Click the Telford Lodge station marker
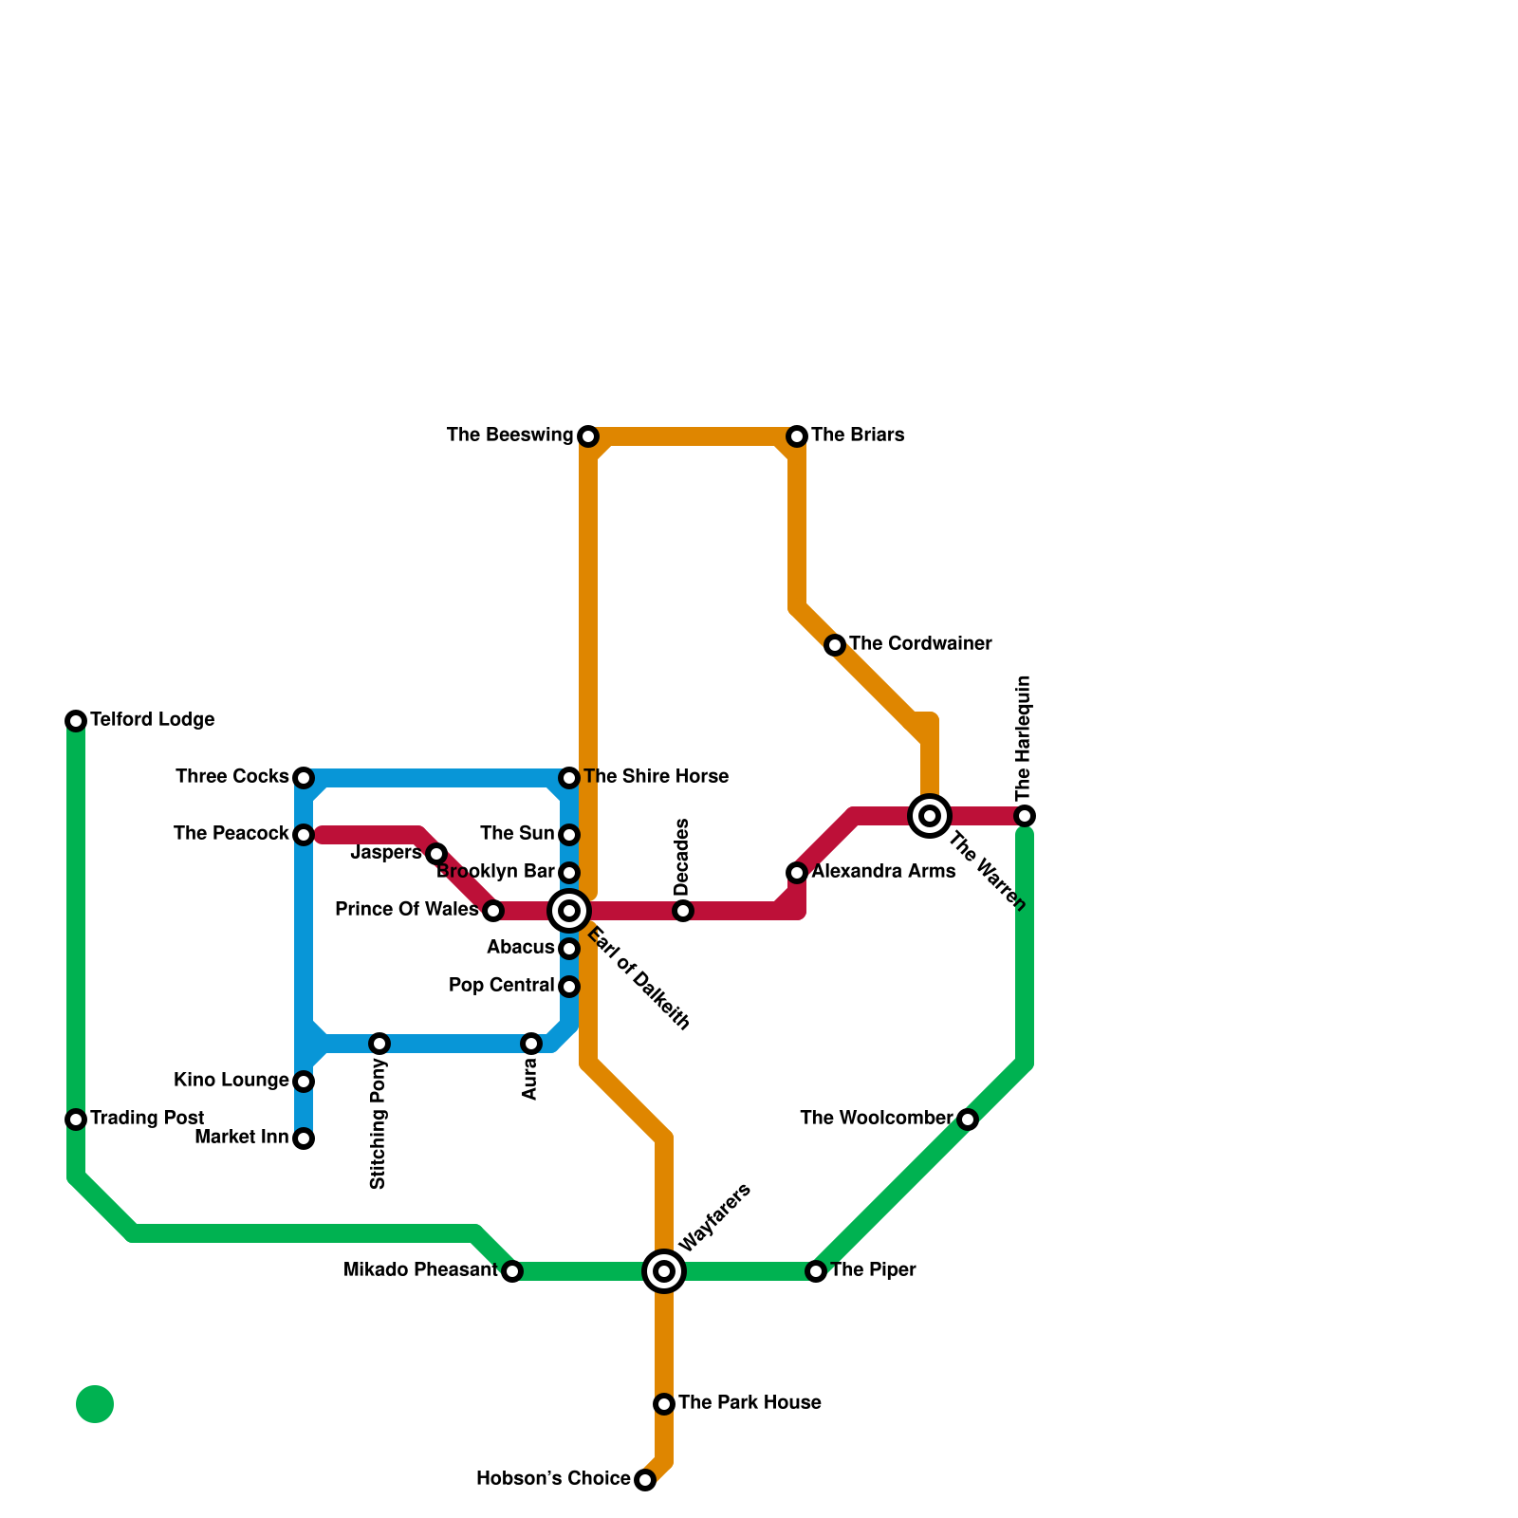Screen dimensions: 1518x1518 pos(76,721)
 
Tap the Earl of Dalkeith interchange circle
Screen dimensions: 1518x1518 pos(569,911)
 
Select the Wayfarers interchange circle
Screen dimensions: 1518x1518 pos(664,1271)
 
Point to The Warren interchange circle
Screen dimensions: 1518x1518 pos(930,816)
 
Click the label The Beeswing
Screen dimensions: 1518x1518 pos(509,435)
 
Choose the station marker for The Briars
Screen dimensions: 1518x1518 pos(797,436)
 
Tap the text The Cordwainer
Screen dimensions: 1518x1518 pos(920,644)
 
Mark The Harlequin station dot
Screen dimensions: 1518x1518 pos(1025,816)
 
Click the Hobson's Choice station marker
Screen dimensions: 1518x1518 pos(645,1480)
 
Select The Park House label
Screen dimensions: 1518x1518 pos(750,1403)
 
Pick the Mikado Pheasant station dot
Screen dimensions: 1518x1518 pos(512,1271)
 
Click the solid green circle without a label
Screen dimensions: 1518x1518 pos(95,1404)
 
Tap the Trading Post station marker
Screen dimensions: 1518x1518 pos(76,1120)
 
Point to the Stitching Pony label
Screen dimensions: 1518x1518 pos(379,1124)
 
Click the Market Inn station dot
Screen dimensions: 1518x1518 pos(304,1138)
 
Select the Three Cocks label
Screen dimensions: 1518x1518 pos(231,777)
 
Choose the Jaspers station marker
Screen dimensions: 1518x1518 pos(436,854)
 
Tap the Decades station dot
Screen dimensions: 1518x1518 pos(683,911)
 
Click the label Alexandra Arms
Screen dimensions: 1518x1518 pos(883,872)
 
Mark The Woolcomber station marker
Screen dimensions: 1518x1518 pos(968,1120)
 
